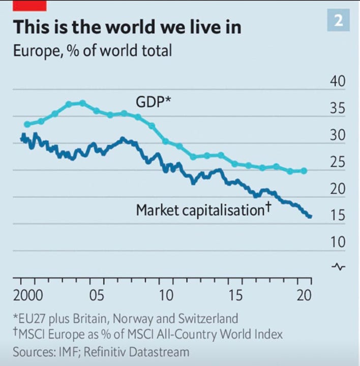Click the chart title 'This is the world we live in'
(x=127, y=27)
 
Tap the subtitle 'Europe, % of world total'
(x=93, y=51)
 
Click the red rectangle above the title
(x=31, y=5)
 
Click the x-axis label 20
(x=303, y=296)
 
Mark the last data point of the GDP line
(x=304, y=171)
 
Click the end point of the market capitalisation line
(x=310, y=217)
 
